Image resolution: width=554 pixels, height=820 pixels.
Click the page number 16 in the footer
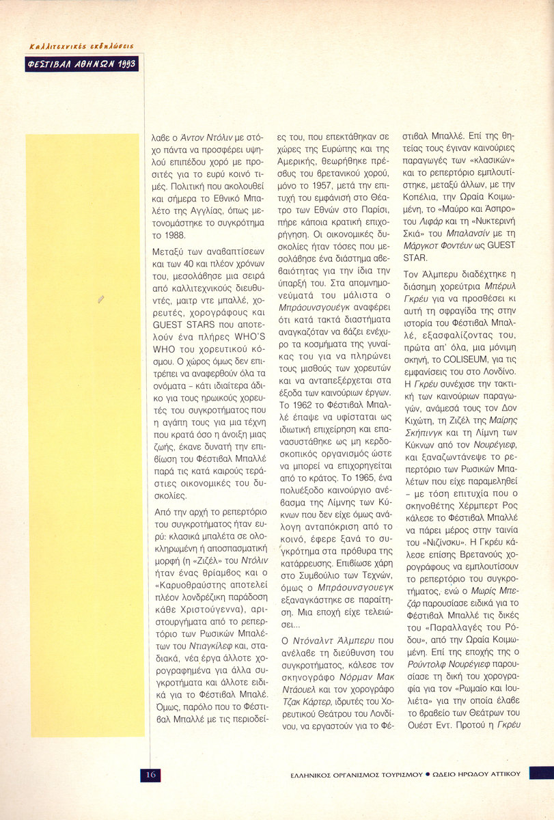pyautogui.click(x=150, y=774)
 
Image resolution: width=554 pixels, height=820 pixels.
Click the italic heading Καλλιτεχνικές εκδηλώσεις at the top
pyautogui.click(x=81, y=46)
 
